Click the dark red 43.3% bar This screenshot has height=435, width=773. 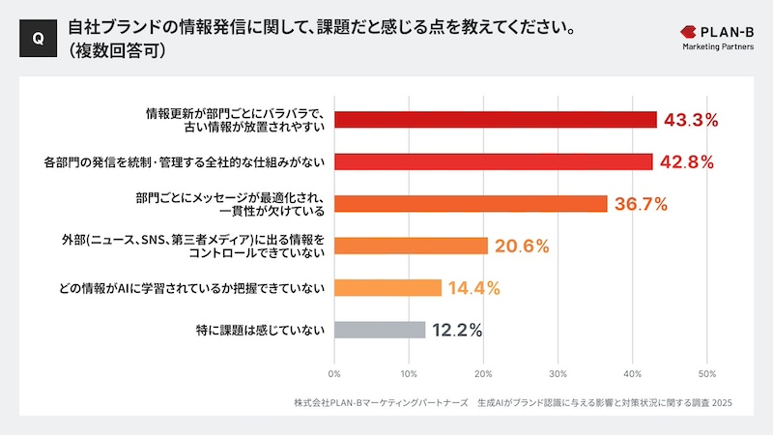(x=495, y=120)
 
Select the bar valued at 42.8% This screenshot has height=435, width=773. (x=493, y=161)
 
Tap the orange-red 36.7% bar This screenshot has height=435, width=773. (x=471, y=204)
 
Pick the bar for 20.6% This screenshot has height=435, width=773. (x=411, y=246)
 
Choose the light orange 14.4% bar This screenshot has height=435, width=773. (x=387, y=287)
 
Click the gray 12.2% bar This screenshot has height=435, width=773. (x=380, y=330)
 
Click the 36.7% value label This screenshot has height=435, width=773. (x=642, y=204)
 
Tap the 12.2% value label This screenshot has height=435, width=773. (x=457, y=330)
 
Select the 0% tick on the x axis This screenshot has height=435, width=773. (x=334, y=373)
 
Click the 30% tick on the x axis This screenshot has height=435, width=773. (x=558, y=373)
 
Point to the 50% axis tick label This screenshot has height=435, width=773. (x=706, y=373)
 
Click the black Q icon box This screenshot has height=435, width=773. (x=37, y=39)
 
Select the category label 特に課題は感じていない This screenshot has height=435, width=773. (x=260, y=330)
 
